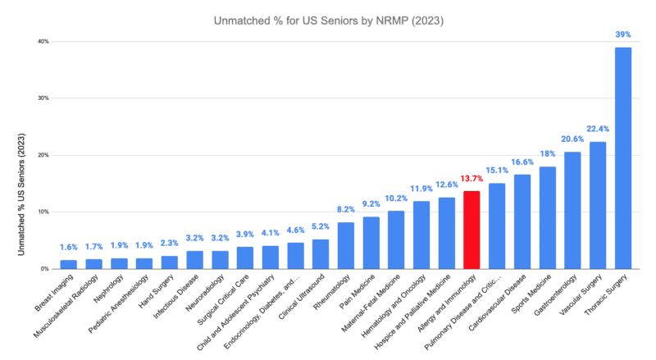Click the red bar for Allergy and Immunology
(471, 230)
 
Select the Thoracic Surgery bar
(623, 157)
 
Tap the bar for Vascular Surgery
(598, 205)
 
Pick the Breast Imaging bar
(69, 264)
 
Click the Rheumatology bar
(345, 245)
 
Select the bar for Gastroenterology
(572, 210)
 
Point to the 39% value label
(623, 34)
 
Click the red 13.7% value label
(471, 179)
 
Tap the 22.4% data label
(598, 129)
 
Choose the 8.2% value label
(345, 209)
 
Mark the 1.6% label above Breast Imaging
(69, 248)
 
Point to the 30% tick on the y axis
(44, 98)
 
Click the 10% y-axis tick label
(44, 212)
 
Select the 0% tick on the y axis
(45, 269)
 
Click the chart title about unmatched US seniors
(329, 21)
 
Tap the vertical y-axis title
(21, 194)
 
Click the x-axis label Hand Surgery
(157, 291)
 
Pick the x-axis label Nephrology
(109, 289)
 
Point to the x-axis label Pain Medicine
(357, 291)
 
